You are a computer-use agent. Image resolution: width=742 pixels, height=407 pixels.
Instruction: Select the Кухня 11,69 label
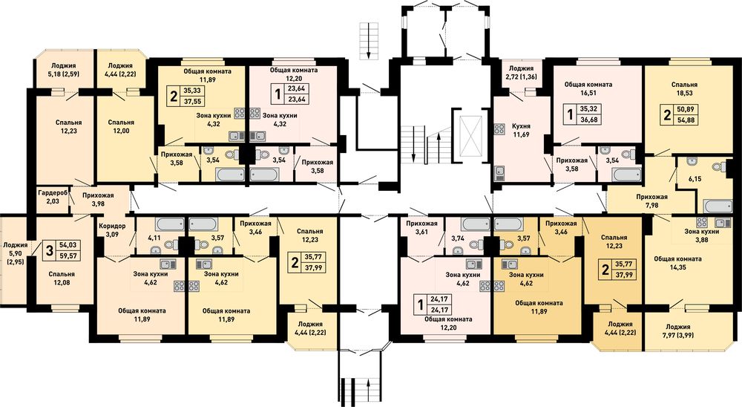tap(521, 131)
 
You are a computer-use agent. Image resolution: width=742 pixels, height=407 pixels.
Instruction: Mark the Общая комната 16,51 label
tap(588, 88)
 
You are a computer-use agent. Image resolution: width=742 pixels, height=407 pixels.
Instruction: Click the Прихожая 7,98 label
tap(651, 201)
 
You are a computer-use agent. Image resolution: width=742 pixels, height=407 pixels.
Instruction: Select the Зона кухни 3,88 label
tap(702, 235)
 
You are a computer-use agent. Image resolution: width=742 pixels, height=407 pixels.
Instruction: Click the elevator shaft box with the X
tap(470, 135)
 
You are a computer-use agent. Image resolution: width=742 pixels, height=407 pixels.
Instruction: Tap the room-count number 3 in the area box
tap(49, 250)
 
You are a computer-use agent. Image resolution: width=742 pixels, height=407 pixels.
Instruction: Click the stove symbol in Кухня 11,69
tap(499, 129)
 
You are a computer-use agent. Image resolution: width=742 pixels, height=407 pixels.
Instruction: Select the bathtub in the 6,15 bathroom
tap(718, 206)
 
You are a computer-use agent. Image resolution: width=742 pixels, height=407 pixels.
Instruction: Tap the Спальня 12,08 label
tap(62, 279)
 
